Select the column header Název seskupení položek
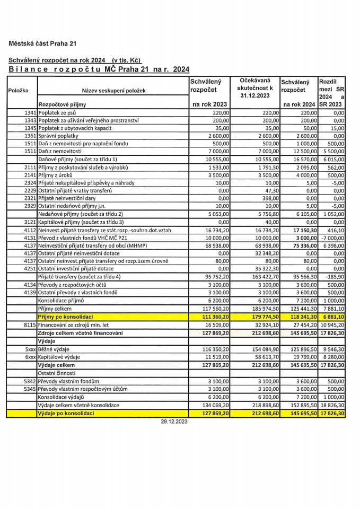112,91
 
